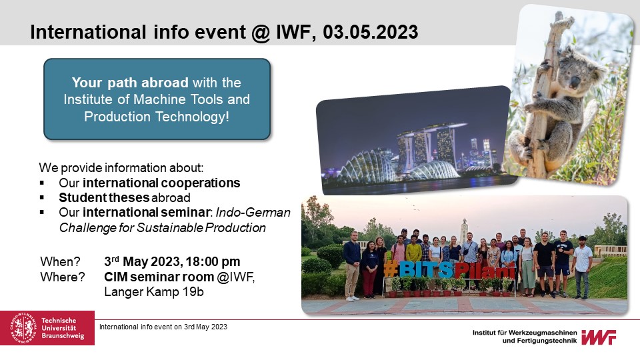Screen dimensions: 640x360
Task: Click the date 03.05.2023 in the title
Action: (371, 32)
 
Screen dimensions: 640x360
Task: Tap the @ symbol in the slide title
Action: (261, 33)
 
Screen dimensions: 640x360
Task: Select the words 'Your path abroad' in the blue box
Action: (130, 83)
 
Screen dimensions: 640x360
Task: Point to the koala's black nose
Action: (574, 83)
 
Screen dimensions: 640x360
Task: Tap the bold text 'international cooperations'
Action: (161, 183)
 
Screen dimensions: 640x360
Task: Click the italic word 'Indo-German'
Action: (253, 213)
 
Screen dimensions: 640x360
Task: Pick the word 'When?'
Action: (61, 261)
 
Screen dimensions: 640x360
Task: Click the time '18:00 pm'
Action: (215, 261)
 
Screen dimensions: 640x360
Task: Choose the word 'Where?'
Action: (63, 277)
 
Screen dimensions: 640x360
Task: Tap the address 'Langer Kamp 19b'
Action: (154, 292)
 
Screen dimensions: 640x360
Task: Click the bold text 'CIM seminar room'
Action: (159, 277)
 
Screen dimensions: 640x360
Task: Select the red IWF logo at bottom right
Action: (599, 337)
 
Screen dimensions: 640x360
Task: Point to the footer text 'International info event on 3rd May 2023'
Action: (163, 327)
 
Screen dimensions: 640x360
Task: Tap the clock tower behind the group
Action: (464, 231)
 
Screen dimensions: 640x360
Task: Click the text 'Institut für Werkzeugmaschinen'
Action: (525, 333)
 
